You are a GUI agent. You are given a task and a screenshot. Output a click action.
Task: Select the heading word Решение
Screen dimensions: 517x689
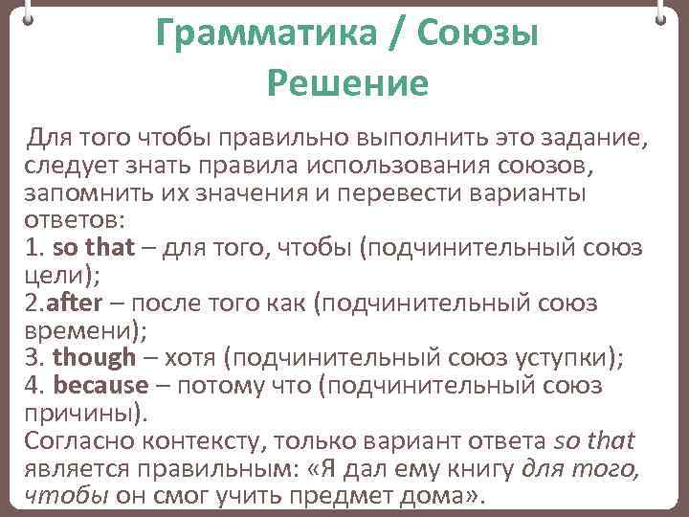coord(347,84)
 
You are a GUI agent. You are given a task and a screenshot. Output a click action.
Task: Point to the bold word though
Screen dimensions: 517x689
coord(95,358)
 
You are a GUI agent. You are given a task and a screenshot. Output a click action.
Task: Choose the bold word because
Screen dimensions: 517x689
coord(101,386)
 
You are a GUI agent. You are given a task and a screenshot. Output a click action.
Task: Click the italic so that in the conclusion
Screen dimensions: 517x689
coord(594,441)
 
